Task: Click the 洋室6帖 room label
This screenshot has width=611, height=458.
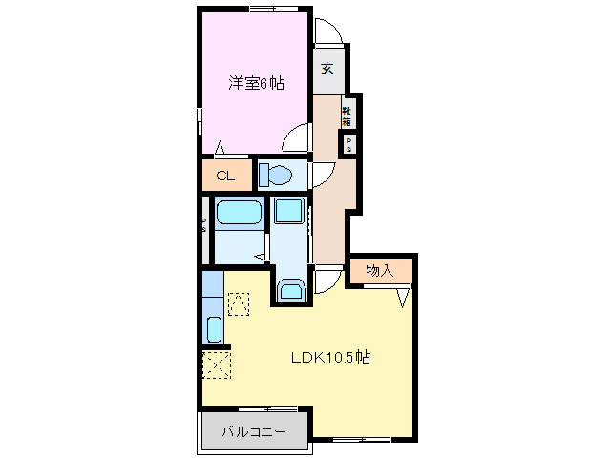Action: coord(256,83)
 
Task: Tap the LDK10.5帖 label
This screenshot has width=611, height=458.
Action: coord(330,358)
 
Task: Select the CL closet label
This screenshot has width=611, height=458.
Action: coord(225,176)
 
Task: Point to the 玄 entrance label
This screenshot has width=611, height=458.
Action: coord(327,68)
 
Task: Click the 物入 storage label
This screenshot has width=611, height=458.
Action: coord(379,271)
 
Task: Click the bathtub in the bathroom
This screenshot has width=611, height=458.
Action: coord(238,213)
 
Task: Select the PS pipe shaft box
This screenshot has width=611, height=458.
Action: coord(349,145)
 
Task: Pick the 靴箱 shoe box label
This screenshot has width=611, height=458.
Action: coord(348,115)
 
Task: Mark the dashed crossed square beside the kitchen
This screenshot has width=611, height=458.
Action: coord(216,364)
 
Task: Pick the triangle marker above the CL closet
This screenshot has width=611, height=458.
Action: coord(221,148)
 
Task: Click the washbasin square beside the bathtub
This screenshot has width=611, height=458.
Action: coord(287,212)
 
